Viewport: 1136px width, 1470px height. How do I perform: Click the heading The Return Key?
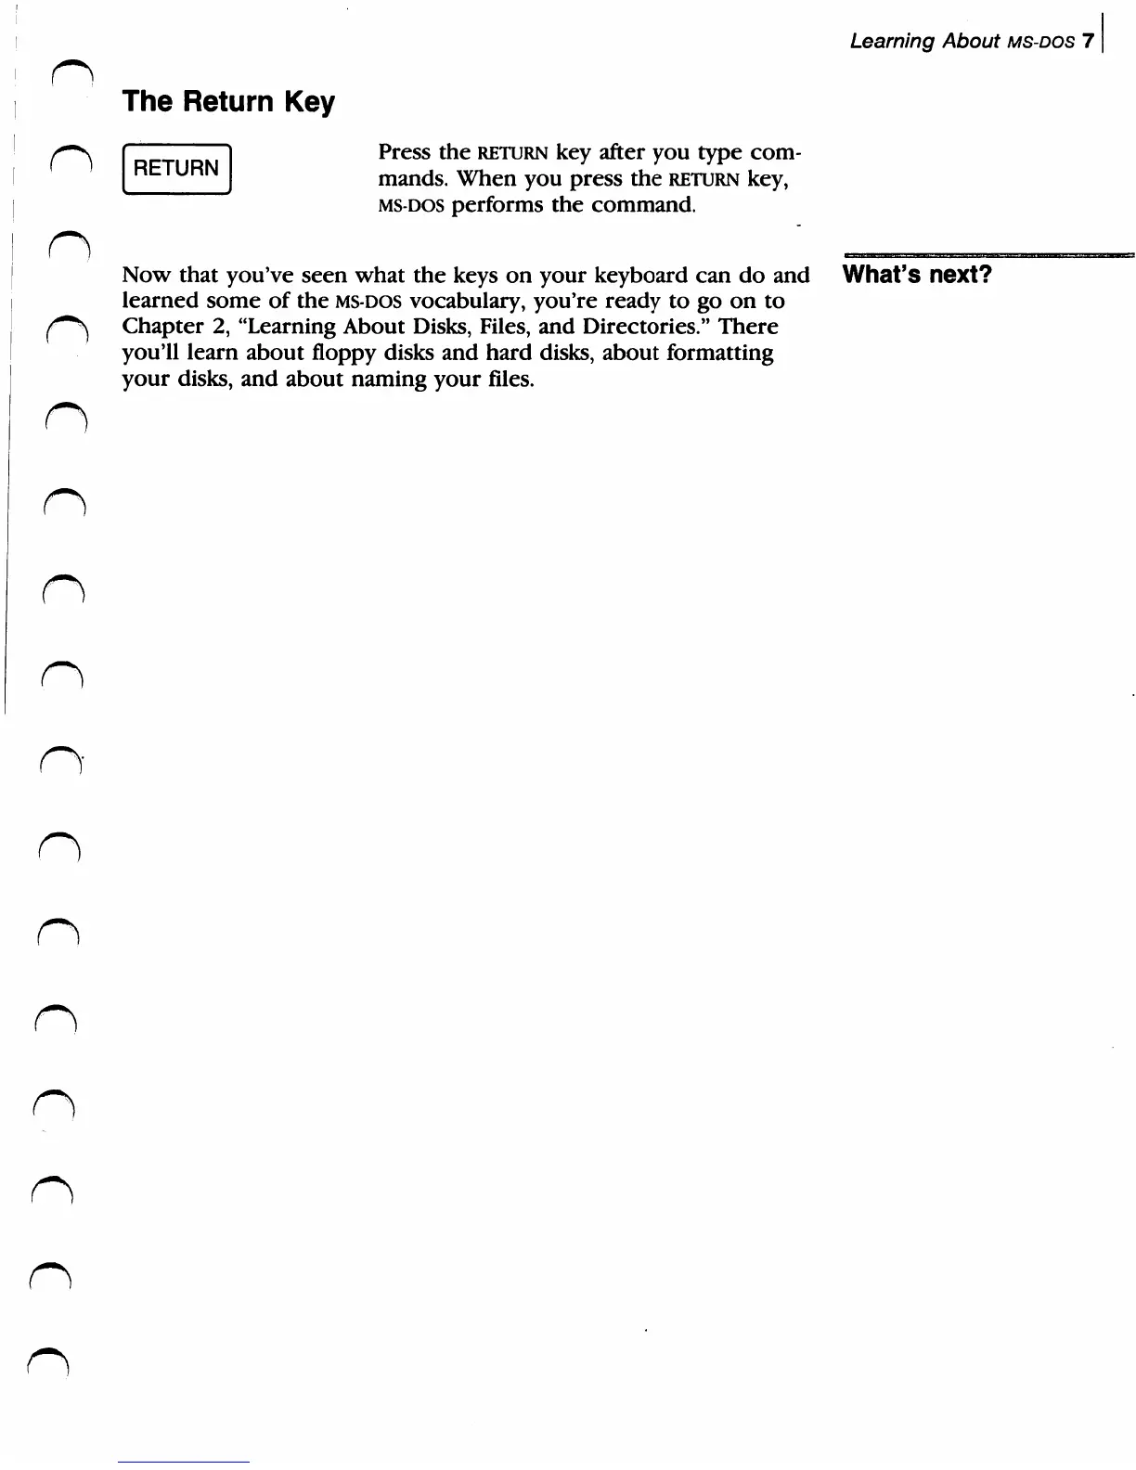(x=228, y=101)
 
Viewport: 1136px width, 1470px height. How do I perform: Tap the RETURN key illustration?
(x=176, y=169)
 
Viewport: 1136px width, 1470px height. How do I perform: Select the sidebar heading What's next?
(x=917, y=275)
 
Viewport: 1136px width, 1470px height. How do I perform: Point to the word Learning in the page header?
(x=892, y=42)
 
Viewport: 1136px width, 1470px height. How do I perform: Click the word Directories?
(x=646, y=327)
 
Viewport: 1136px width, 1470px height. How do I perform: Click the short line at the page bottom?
(x=184, y=1462)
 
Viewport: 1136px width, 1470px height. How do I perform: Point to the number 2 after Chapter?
(x=211, y=328)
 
